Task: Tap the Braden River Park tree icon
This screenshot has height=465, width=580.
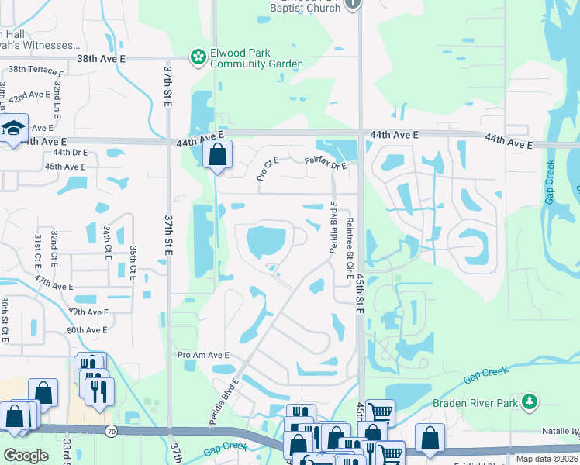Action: coord(530,401)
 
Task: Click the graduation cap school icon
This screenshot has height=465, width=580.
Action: coord(14,129)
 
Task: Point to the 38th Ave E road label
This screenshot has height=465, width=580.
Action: coord(101,58)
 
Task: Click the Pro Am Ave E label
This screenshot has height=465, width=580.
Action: coord(204,355)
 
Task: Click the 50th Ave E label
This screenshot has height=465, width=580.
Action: coord(87,329)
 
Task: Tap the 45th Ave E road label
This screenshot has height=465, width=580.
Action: coord(65,166)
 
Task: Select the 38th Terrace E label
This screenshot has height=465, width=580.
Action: coord(36,70)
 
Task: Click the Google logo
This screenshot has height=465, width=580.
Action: coord(26,455)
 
